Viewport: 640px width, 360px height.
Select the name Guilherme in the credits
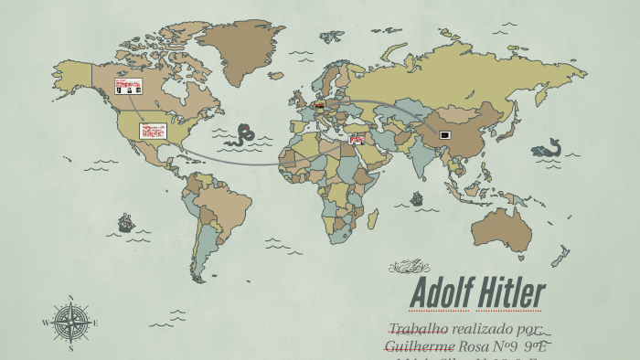pyautogui.click(x=420, y=346)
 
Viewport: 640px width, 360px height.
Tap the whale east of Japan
pyautogui.click(x=549, y=147)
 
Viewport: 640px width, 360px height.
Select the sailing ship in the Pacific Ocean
pyautogui.click(x=125, y=222)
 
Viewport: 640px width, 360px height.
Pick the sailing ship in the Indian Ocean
pyautogui.click(x=417, y=197)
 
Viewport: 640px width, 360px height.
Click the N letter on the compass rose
pyautogui.click(x=71, y=298)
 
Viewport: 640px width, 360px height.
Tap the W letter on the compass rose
pyautogui.click(x=46, y=323)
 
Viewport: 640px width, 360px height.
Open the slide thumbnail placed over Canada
pyautogui.click(x=128, y=86)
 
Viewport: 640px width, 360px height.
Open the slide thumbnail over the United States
pyautogui.click(x=153, y=131)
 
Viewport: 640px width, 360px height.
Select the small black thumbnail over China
pyautogui.click(x=445, y=135)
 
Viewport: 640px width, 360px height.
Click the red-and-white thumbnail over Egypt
pyautogui.click(x=357, y=140)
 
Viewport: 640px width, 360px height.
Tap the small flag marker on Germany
pyautogui.click(x=320, y=105)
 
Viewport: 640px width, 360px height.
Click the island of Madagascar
pyautogui.click(x=373, y=219)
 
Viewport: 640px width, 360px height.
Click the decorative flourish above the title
pyautogui.click(x=409, y=267)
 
